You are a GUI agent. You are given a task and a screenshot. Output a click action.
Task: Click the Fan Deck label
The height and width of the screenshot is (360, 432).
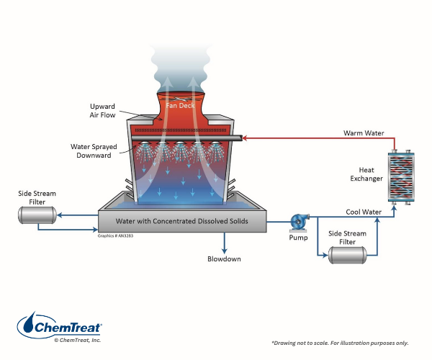pyautogui.click(x=181, y=105)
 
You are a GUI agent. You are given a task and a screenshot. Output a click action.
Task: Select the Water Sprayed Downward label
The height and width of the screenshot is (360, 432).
pyautogui.click(x=90, y=152)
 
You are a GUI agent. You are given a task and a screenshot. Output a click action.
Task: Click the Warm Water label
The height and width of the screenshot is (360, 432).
pyautogui.click(x=365, y=133)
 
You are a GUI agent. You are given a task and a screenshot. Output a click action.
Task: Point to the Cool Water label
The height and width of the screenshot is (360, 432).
pyautogui.click(x=364, y=212)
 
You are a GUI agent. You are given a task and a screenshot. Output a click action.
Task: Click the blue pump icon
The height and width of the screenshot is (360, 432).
pyautogui.click(x=297, y=222)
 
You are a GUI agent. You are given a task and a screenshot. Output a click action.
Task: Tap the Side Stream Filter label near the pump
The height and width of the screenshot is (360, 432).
pyautogui.click(x=344, y=238)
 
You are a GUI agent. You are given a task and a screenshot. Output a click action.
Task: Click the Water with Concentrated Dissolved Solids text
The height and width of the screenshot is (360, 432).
pyautogui.click(x=181, y=221)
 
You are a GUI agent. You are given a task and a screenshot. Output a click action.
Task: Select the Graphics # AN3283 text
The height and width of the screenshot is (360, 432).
pyautogui.click(x=114, y=235)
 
